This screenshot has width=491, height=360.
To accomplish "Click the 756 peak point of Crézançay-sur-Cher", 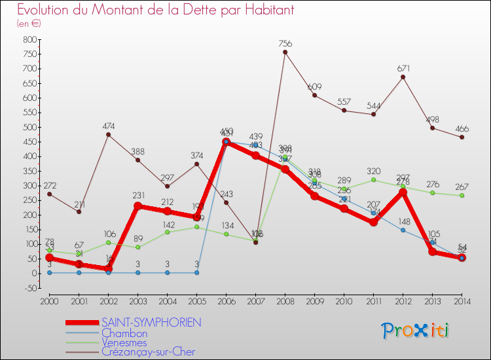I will pyautogui.click(x=285, y=52).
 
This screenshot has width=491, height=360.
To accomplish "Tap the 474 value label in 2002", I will pyautogui.click(x=108, y=126).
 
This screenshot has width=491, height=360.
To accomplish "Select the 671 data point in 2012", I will pyautogui.click(x=403, y=77).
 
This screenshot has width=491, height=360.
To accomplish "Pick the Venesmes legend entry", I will pyautogui.click(x=128, y=342).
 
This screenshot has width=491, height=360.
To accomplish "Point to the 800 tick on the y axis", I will pyautogui.click(x=30, y=39).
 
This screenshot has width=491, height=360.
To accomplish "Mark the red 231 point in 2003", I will pyautogui.click(x=137, y=206).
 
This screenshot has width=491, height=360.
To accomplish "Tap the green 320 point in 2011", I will pyautogui.click(x=373, y=180).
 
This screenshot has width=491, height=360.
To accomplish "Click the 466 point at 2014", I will pyautogui.click(x=462, y=137).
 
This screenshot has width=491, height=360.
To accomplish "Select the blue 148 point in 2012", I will pyautogui.click(x=403, y=230).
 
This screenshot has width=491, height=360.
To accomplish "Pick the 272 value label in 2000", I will pyautogui.click(x=49, y=185).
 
